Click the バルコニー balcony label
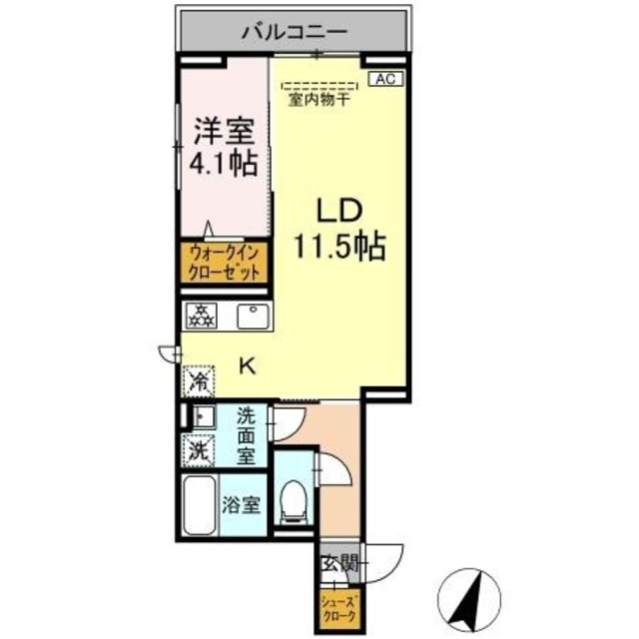click(x=294, y=34)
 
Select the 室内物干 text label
click(x=319, y=100)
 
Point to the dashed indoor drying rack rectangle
click(x=319, y=86)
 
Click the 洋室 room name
click(x=223, y=131)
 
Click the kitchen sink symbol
click(x=251, y=318)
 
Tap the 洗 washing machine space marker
click(x=200, y=450)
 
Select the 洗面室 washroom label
click(x=247, y=435)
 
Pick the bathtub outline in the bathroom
click(x=202, y=506)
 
